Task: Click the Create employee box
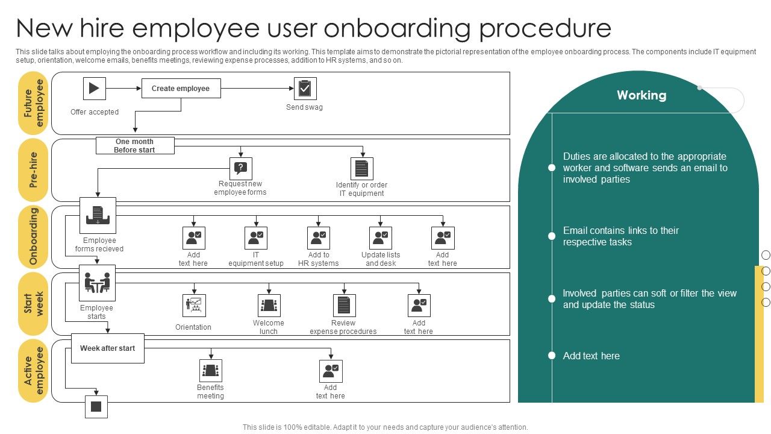(181, 88)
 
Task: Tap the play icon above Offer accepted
(95, 88)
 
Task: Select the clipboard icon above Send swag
(305, 89)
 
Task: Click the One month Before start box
(135, 146)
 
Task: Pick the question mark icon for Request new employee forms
(241, 168)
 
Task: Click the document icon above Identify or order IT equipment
(362, 169)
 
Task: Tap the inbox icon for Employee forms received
(98, 215)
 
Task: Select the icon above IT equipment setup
(256, 237)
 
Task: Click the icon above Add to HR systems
(318, 237)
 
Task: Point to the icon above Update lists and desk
(381, 237)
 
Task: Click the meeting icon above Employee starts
(97, 283)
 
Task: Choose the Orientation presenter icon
(194, 306)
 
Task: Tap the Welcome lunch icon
(269, 306)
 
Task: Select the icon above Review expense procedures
(344, 306)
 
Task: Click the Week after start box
(108, 348)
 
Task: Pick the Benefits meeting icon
(210, 371)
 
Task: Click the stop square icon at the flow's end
(96, 407)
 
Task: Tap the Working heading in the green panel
(641, 95)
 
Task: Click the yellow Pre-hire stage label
(33, 170)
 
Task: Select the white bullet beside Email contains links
(551, 236)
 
